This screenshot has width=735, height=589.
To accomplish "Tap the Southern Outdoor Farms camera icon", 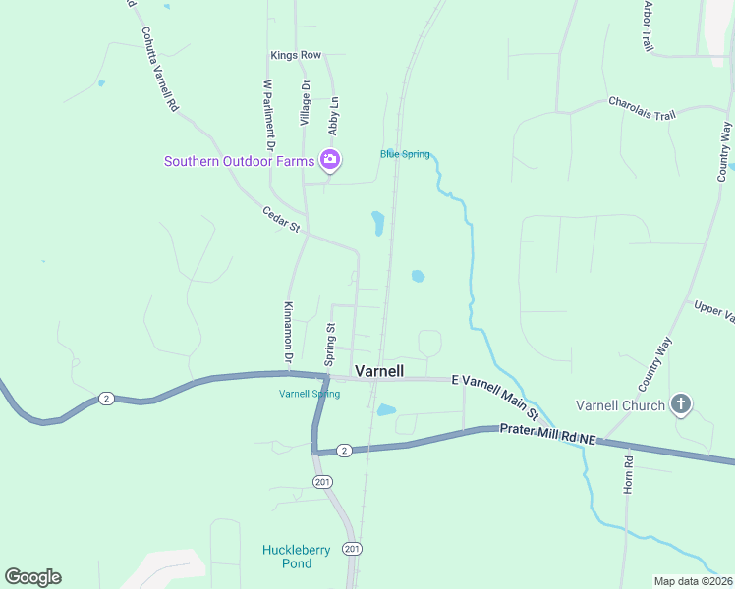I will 330,160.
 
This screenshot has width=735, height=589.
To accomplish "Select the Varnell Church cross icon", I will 681,404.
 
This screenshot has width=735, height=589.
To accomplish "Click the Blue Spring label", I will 405,154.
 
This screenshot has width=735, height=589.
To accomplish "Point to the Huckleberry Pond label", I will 288,557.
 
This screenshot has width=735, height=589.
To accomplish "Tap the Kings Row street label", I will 296,56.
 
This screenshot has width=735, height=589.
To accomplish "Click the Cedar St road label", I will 281,219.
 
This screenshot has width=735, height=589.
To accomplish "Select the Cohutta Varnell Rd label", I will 158,68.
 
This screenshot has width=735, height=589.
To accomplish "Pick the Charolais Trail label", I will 642,108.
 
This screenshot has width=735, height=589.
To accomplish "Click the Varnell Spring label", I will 310,394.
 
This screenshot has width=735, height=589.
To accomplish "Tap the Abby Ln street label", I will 334,115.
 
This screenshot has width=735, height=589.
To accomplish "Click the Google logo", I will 32,577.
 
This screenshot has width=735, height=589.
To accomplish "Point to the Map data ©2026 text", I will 692,581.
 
